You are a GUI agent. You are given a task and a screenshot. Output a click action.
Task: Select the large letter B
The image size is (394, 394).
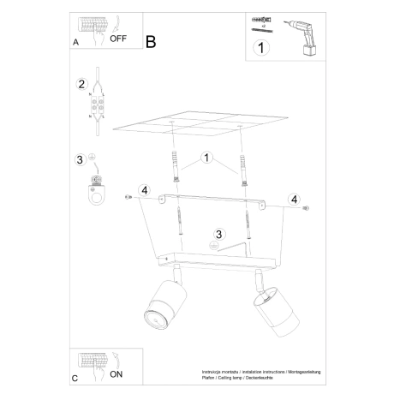click(152, 40)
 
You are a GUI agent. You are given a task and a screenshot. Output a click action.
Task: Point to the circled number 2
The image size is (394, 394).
click(82, 84)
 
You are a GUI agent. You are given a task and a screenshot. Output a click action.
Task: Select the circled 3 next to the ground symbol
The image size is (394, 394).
click(80, 160)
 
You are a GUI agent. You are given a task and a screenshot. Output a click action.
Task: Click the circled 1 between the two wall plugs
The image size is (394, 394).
click(206, 158)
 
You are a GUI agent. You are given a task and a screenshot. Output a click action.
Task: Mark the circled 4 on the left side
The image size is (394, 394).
click(146, 191)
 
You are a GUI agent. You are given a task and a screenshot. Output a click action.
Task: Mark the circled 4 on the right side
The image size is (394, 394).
click(295, 200)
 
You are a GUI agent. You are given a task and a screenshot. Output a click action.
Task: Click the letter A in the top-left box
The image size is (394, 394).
click(76, 40)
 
